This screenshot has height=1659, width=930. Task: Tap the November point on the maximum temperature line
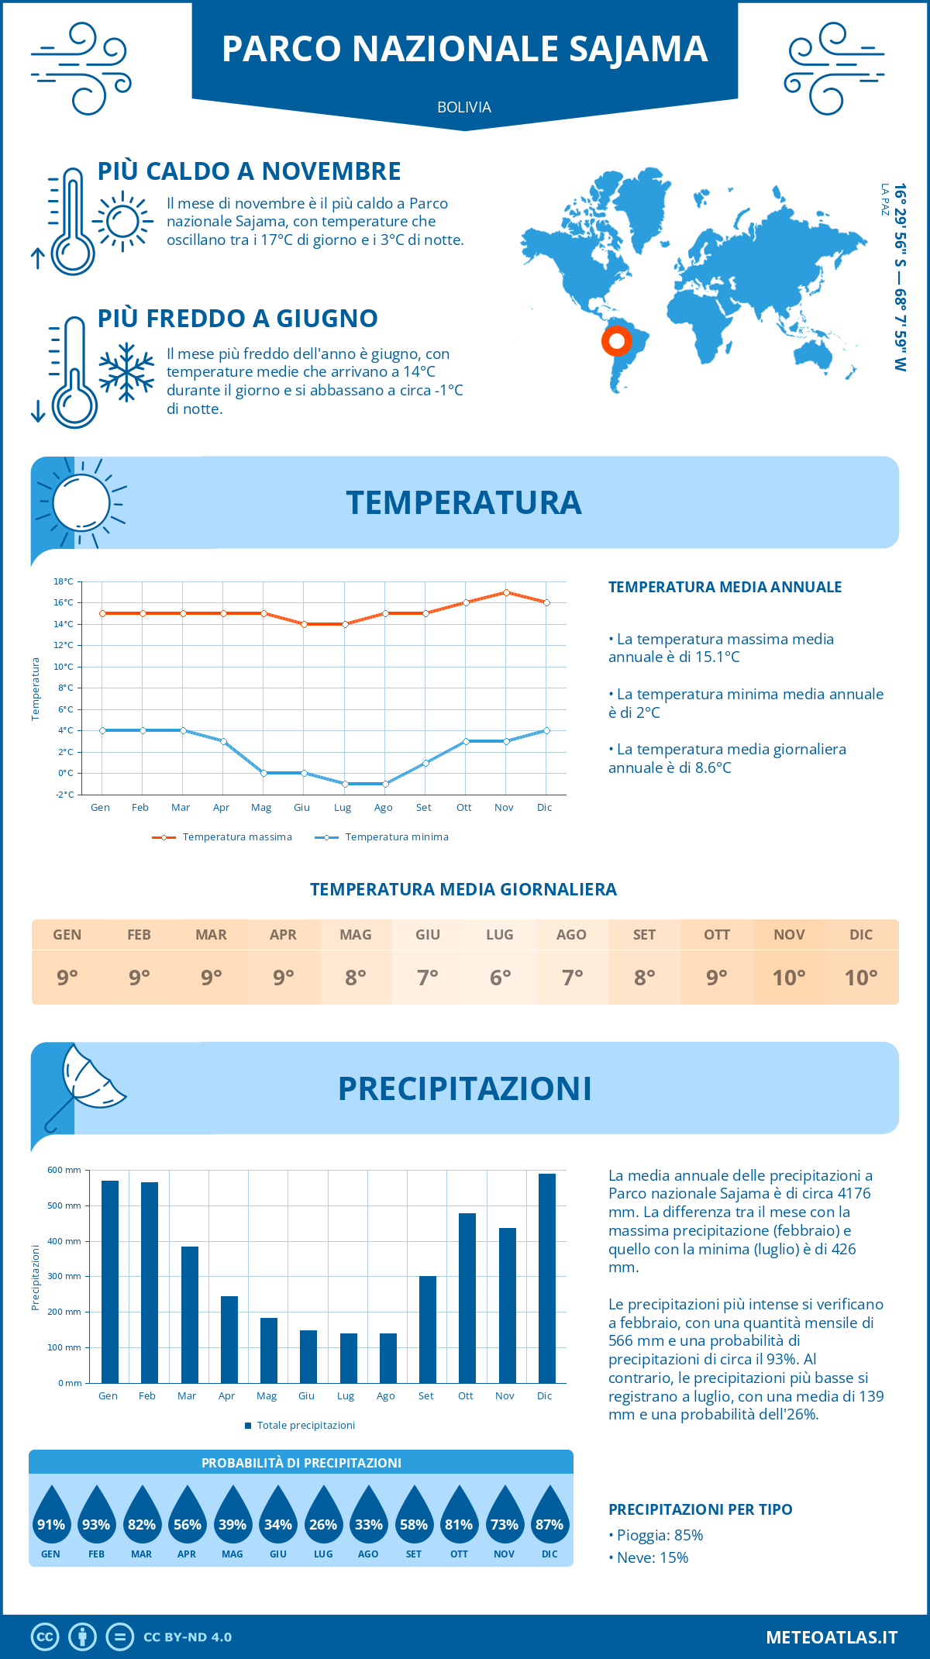pyautogui.click(x=506, y=592)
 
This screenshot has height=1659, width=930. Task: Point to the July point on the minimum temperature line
pyautogui.click(x=345, y=784)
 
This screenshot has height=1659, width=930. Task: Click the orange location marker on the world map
pyautogui.click(x=617, y=341)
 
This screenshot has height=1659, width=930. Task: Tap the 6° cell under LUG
pyautogui.click(x=500, y=978)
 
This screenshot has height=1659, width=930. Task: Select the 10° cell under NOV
pyautogui.click(x=789, y=978)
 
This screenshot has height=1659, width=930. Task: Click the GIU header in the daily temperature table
pyautogui.click(x=428, y=935)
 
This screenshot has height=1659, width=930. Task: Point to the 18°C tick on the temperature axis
pyautogui.click(x=64, y=581)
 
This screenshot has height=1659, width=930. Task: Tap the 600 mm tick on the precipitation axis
pyautogui.click(x=64, y=1170)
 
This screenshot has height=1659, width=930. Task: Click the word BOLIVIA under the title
pyautogui.click(x=464, y=108)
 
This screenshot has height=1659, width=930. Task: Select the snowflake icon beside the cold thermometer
pyautogui.click(x=126, y=371)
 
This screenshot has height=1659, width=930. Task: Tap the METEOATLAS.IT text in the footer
pyautogui.click(x=832, y=1637)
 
